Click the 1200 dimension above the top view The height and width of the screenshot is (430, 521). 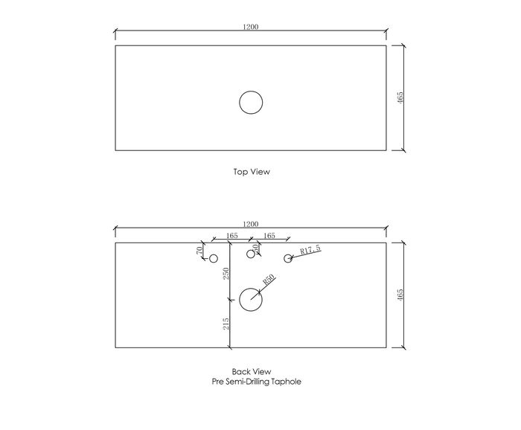[251, 27]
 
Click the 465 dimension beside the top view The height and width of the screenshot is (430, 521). [400, 97]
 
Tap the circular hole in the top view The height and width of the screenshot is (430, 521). [251, 92]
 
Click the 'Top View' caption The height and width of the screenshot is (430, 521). [252, 172]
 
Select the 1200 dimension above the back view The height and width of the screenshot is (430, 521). [251, 224]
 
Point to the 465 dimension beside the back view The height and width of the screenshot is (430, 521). [400, 295]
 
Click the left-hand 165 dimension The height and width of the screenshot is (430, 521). [232, 235]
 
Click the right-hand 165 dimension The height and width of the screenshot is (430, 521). [269, 235]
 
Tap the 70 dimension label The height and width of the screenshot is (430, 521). [199, 251]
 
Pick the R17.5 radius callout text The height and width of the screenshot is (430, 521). [310, 249]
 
